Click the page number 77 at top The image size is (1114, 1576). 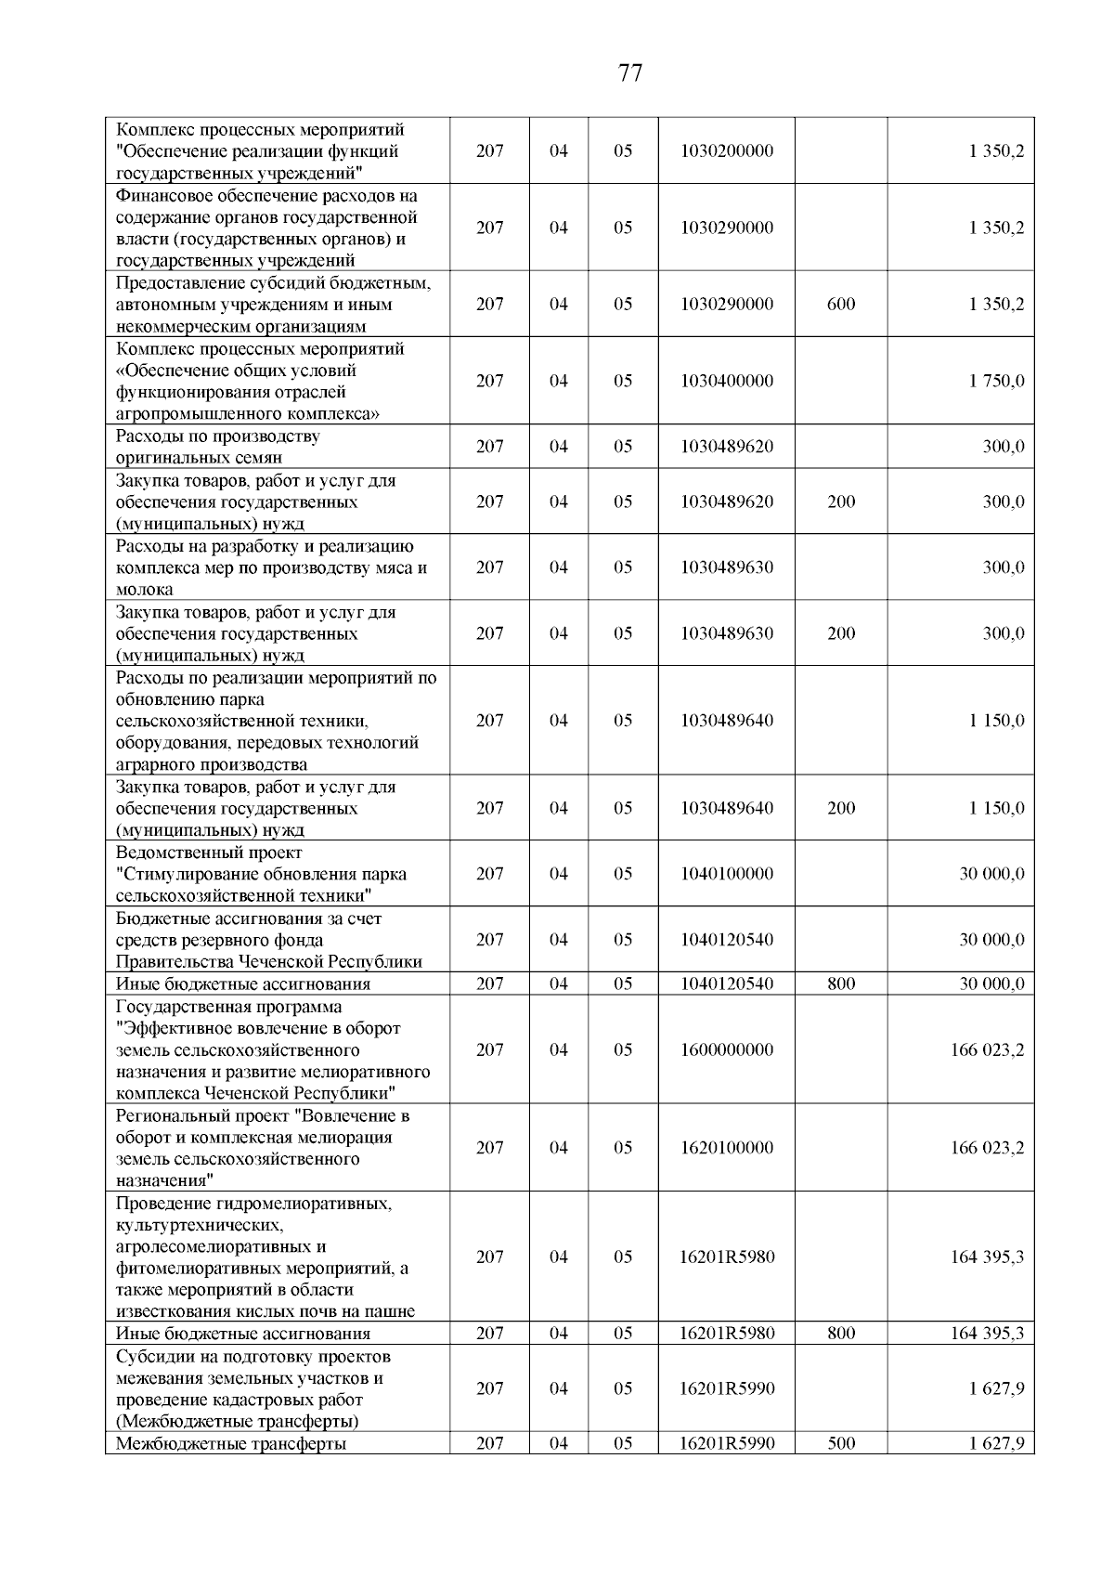(x=629, y=73)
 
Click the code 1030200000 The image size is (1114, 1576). (x=726, y=151)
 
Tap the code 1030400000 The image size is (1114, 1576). (x=726, y=381)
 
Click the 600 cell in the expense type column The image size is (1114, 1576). (x=841, y=305)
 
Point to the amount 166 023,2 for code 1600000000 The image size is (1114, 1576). (x=987, y=1050)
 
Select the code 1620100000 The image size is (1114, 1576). (x=726, y=1148)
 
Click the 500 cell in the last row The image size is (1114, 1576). (x=841, y=1443)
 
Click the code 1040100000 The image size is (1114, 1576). (x=726, y=874)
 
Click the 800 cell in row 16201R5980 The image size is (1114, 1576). (x=841, y=1334)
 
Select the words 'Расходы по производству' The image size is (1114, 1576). (x=217, y=436)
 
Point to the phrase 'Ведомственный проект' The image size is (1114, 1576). (x=209, y=853)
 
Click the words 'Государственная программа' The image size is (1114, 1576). (x=228, y=1007)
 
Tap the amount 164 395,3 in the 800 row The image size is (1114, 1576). (x=987, y=1334)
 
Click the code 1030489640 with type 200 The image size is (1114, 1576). (x=726, y=808)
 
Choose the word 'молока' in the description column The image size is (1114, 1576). (x=144, y=590)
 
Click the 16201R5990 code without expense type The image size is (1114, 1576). (x=726, y=1388)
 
